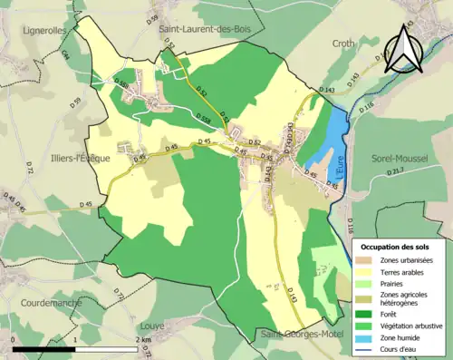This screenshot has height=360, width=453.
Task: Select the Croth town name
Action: pyautogui.click(x=344, y=43)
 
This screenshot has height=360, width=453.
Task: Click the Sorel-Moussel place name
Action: pyautogui.click(x=398, y=158)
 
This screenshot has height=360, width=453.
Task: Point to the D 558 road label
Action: pyautogui.click(x=205, y=118)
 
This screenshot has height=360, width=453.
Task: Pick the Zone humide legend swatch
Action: pyautogui.click(x=366, y=338)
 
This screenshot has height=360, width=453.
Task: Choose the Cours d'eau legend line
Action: pyautogui.click(x=366, y=350)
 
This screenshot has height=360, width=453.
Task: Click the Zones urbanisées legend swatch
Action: pyautogui.click(x=366, y=259)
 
